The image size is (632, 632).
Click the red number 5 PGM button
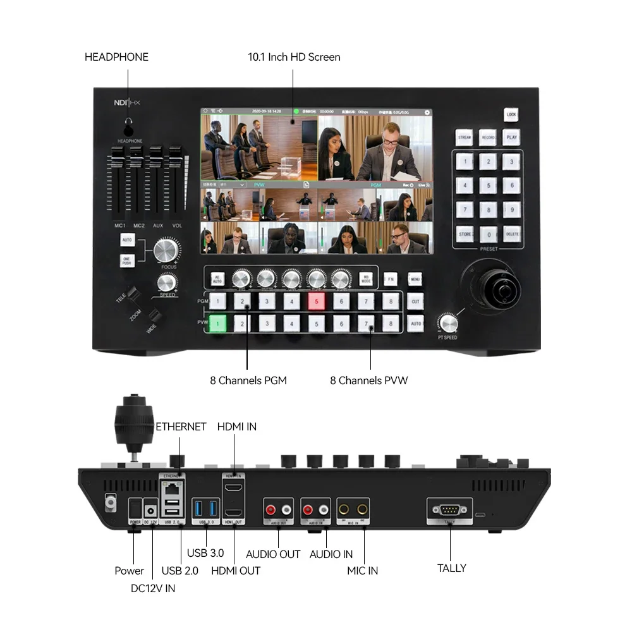pos(317,302)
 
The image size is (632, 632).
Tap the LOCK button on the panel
pos(511,114)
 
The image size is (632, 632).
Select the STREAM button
pos(465,137)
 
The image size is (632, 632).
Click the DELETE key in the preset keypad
pos(511,234)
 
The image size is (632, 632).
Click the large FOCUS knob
pos(166,250)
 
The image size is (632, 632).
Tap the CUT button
pos(415,301)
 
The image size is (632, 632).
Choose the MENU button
pos(415,278)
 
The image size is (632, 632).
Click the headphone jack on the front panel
pos(129,131)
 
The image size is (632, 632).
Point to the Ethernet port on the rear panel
pos(171,489)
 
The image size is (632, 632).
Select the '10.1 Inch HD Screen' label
pos(294,57)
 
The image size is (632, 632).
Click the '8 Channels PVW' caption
pos(369,380)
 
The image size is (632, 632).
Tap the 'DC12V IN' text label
pos(153,588)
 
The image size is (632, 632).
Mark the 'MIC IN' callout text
pos(363,571)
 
